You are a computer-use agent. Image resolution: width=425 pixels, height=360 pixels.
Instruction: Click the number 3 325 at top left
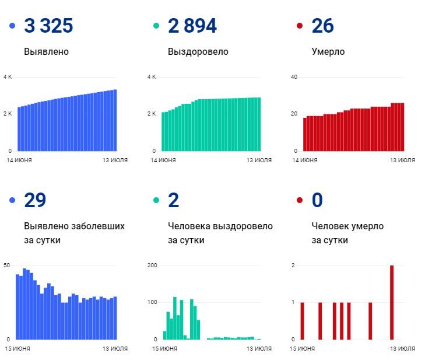48,26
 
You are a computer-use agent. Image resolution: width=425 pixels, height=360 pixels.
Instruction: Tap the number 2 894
192,26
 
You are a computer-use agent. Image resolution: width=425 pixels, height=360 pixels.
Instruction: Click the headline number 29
35,201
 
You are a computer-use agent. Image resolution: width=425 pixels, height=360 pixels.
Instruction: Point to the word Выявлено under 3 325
46,51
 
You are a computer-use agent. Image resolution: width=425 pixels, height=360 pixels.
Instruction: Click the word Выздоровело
198,51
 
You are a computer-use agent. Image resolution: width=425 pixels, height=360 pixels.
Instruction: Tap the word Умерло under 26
328,51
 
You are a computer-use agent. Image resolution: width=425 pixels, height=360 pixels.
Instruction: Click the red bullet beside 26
300,26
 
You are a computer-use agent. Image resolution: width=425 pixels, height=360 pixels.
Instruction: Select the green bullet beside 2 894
156,26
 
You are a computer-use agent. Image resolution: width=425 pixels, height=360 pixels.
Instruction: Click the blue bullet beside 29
12,201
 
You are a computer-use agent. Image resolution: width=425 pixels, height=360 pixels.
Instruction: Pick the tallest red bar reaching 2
392,302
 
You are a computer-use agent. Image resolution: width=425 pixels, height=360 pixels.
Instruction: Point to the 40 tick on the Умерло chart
294,77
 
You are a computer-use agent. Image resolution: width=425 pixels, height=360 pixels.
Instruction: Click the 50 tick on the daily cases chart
6,265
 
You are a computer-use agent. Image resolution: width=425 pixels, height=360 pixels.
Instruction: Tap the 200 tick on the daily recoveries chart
153,265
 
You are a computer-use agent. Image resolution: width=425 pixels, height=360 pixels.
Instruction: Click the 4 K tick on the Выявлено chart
8,77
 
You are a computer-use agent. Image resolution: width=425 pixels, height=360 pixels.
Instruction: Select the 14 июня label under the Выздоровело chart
163,160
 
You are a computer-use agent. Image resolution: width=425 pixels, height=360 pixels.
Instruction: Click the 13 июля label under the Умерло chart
403,160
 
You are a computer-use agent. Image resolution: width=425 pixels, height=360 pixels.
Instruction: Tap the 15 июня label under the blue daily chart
18,348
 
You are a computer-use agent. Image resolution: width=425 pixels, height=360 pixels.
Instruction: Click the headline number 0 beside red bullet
317,201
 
